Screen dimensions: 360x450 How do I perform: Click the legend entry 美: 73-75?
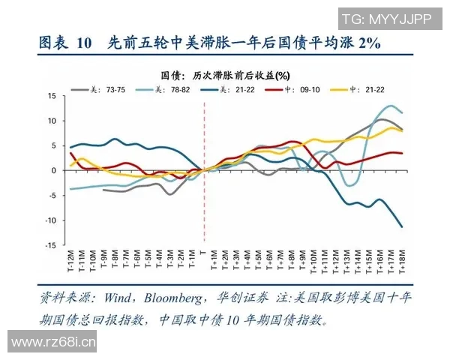pos(99,89)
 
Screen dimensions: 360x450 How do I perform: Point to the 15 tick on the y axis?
pos(51,96)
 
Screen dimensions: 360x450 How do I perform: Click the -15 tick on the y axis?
pos(49,244)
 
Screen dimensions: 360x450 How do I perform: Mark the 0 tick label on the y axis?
pos(53,170)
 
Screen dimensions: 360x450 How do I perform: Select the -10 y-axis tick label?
pos(49,220)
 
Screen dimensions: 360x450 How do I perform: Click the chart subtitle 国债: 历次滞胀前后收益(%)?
pos(226,76)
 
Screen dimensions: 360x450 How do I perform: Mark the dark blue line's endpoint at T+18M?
pos(402,226)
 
